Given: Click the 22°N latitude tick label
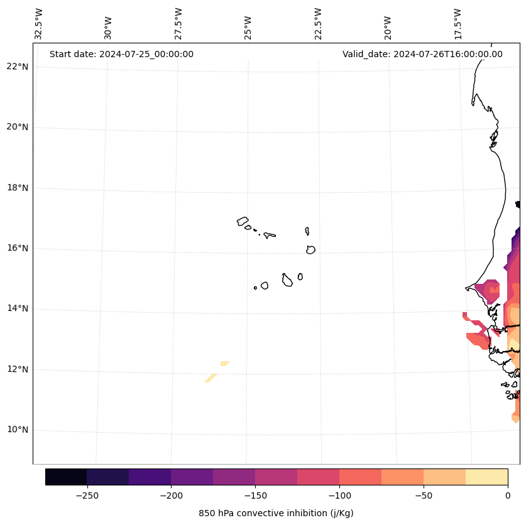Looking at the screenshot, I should tap(18, 67).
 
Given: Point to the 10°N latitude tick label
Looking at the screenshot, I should tap(18, 430).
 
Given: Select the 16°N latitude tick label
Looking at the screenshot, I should tap(18, 249).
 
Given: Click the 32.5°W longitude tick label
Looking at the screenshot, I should tap(39, 24).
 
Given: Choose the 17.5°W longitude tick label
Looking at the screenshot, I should tap(458, 24).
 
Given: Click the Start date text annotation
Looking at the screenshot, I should tap(121, 54).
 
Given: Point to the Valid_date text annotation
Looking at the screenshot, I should tap(422, 54).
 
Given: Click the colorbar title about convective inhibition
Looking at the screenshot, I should tap(276, 513).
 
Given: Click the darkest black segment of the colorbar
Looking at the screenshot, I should tap(66, 477).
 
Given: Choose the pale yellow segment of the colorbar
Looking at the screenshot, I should tap(486, 477).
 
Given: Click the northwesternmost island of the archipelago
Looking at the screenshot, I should tap(243, 221).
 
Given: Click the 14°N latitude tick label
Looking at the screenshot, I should tap(18, 309).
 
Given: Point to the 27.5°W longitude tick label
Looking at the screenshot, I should tap(178, 24).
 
